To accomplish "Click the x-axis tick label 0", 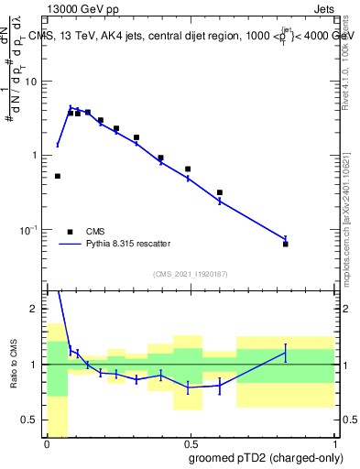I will point(48,443).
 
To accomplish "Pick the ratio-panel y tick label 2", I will point(35,309).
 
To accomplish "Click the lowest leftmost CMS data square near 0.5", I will point(58,176).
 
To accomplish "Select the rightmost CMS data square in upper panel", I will point(286,244).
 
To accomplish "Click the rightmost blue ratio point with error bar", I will point(286,353).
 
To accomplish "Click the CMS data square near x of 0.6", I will point(220,193).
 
